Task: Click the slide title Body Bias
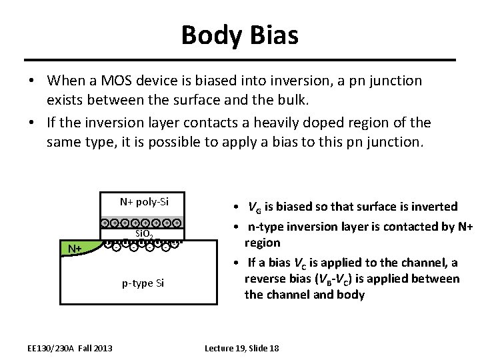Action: pos(239,33)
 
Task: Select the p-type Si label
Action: pos(143,284)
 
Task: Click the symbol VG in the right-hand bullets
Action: pos(255,206)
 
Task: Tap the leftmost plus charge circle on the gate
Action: pos(105,223)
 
